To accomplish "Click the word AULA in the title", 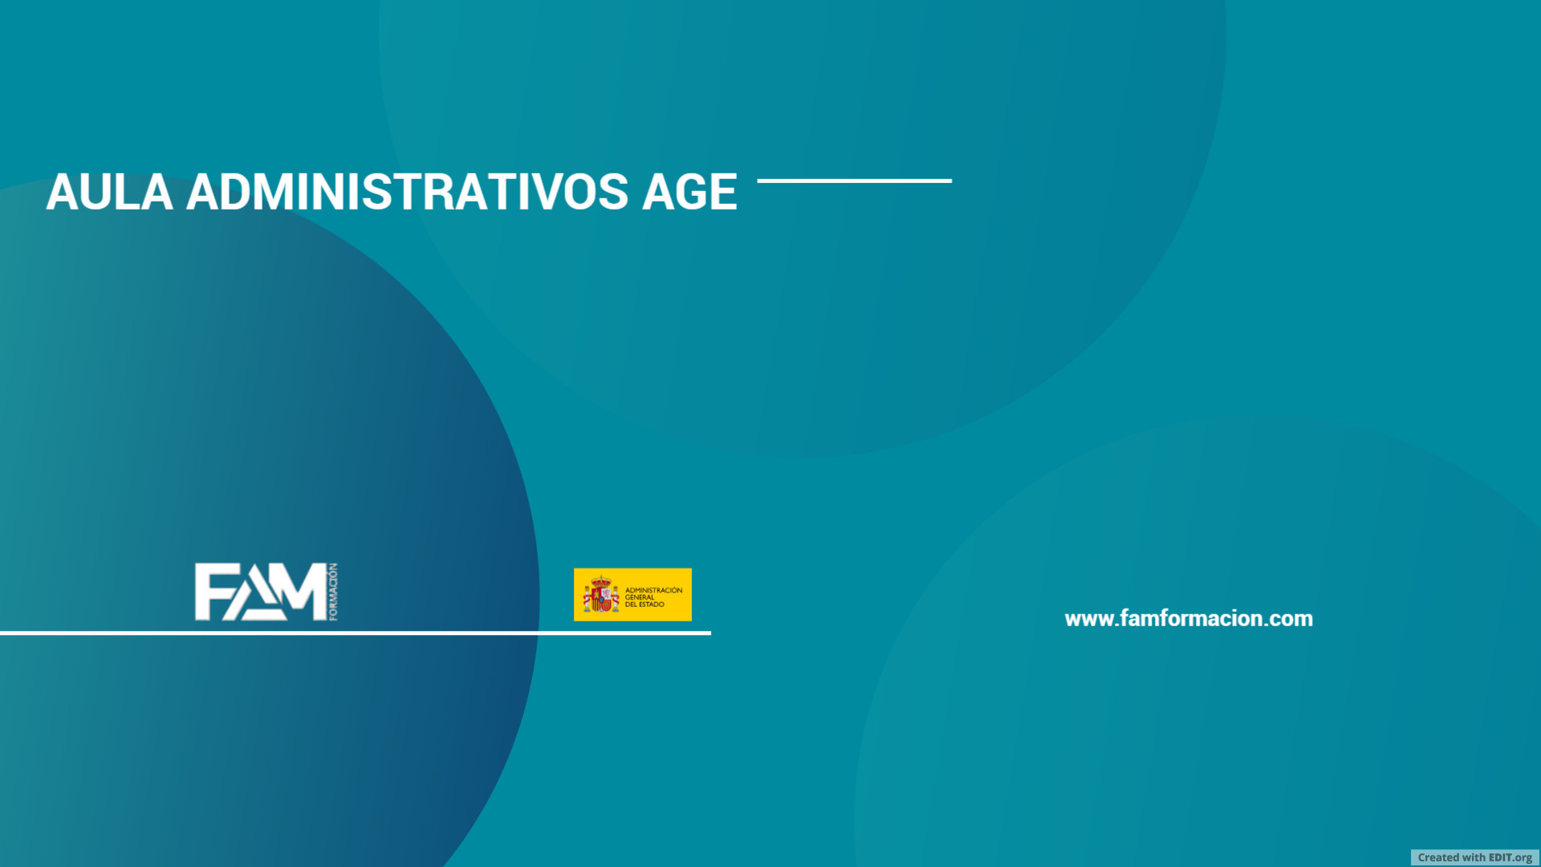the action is click(x=110, y=193).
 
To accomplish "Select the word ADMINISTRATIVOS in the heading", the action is click(x=407, y=193).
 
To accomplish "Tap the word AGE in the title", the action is click(x=689, y=193).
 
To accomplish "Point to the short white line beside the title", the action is click(x=854, y=181).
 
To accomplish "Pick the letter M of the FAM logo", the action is click(x=299, y=592).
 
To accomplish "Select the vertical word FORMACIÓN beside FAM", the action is click(x=333, y=592).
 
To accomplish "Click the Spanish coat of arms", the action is click(x=601, y=594).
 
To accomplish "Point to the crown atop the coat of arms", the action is click(x=601, y=580).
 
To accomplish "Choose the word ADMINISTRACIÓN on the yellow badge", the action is click(x=653, y=590).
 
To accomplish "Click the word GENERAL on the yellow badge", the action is click(x=640, y=597).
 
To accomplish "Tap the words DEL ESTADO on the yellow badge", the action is click(x=644, y=604).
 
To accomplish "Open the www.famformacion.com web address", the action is click(x=1189, y=619).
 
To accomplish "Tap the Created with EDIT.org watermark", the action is click(x=1475, y=857).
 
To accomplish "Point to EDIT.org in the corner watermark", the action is click(x=1511, y=857).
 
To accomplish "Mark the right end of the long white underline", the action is click(x=710, y=633).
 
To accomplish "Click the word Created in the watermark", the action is click(x=1438, y=857).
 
